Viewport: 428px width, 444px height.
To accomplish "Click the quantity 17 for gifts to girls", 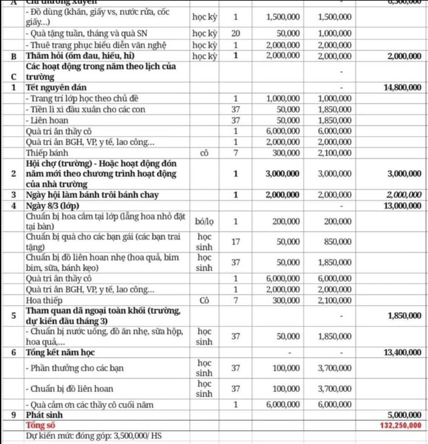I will coord(236,241).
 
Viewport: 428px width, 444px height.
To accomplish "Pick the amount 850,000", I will coord(337,241).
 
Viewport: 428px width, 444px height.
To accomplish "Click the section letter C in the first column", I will coord(14,76).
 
